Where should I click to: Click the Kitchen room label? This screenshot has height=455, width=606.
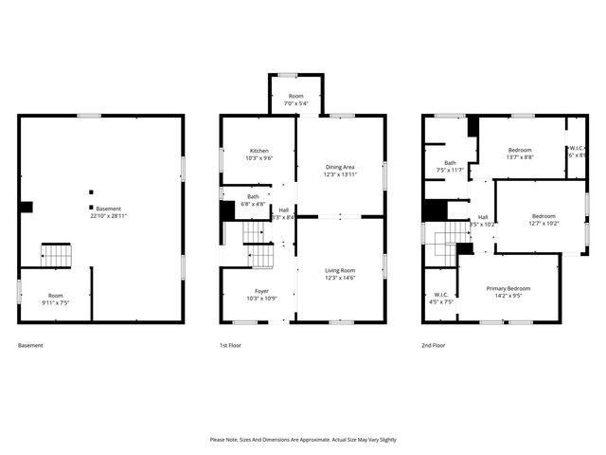point(259,152)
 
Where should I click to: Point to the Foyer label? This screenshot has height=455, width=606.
point(261,291)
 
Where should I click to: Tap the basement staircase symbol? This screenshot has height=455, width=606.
point(55,255)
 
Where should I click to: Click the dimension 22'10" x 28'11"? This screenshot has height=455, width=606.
point(109,216)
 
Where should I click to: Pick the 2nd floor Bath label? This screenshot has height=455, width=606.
point(451,163)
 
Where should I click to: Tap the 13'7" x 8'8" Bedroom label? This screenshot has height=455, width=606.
point(520,150)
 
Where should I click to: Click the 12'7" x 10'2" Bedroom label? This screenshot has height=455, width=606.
point(543,216)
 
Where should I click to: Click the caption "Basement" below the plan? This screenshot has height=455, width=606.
point(30,345)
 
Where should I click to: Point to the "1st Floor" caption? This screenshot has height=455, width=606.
point(230,345)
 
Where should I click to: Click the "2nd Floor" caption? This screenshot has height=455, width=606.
point(434,345)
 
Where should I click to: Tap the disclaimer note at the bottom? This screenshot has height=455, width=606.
point(303,440)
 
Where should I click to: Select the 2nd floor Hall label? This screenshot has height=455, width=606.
point(483,217)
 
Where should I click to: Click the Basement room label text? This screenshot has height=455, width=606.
point(109,208)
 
